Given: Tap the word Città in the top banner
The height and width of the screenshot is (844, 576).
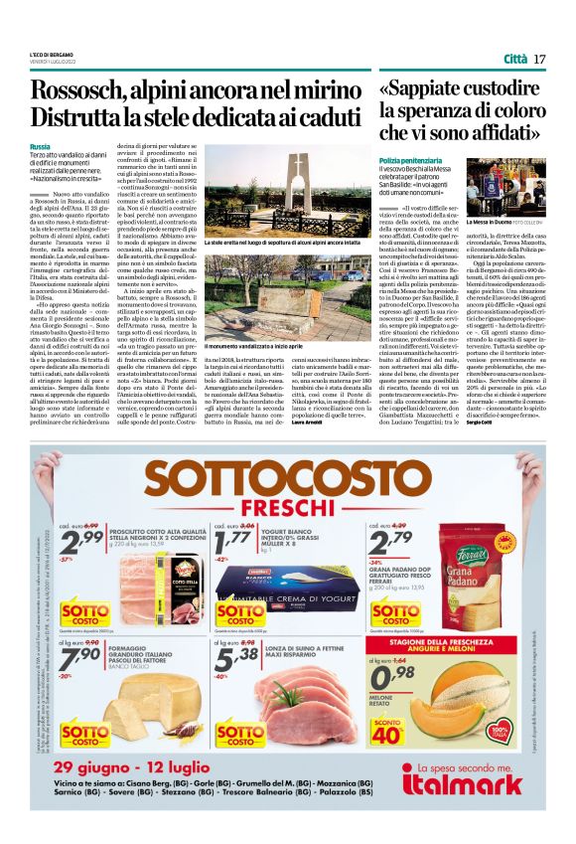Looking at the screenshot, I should pos(515,59).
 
